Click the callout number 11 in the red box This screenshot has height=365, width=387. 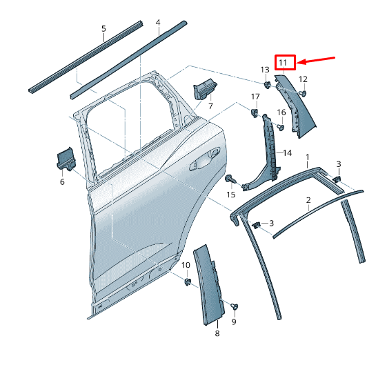tap(283, 63)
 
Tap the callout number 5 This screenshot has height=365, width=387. tap(103, 28)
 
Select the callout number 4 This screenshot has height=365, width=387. tap(158, 23)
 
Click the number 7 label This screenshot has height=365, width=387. tap(210, 106)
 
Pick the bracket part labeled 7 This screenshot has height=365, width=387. tap(205, 89)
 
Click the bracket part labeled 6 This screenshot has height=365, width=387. tap(66, 159)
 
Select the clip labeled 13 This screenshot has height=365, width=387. tap(267, 85)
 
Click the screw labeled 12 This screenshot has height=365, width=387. tap(303, 94)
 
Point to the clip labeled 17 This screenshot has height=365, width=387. tap(255, 112)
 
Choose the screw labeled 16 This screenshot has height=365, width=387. tap(280, 128)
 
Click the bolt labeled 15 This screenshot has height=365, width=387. tap(230, 179)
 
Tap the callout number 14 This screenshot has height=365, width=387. tap(288, 153)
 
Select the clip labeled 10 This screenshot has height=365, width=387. tap(188, 282)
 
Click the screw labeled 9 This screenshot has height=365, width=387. tap(235, 307)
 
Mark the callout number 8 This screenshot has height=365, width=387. tap(217, 333)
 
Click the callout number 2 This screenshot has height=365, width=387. tap(308, 200)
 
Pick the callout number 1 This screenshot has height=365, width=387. tap(308, 157)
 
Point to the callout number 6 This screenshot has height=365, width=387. tap(62, 181)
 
